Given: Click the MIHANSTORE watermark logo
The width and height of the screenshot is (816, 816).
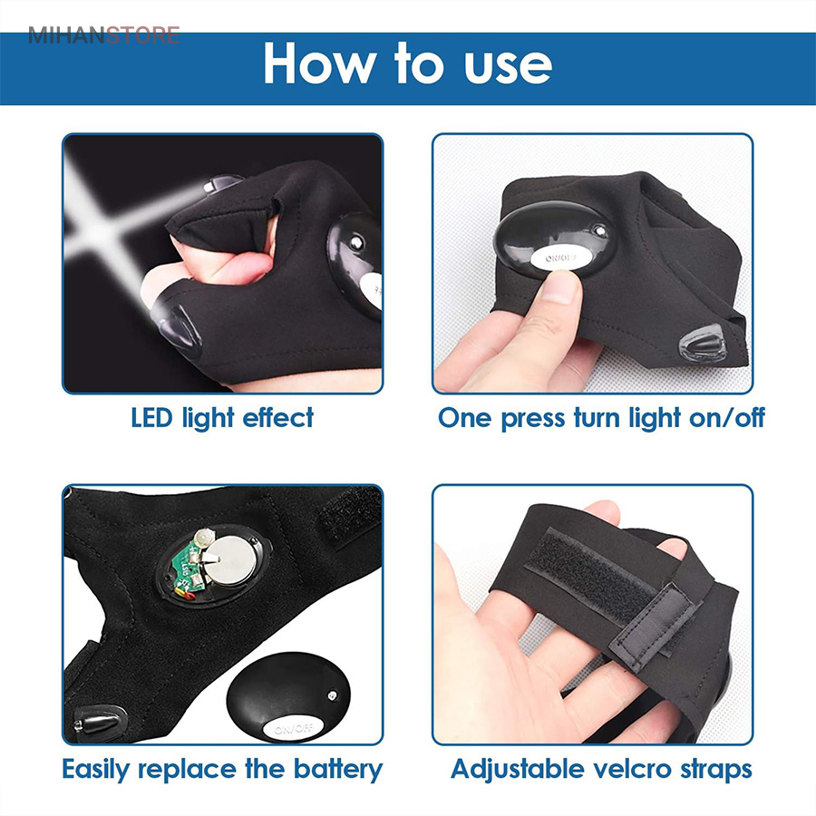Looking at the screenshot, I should click(103, 36).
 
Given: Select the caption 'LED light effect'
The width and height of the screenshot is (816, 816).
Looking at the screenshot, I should click(222, 418).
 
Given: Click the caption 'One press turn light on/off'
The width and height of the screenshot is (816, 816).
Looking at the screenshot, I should click(601, 418).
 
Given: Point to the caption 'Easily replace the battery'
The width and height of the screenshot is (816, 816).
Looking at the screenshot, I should click(222, 770).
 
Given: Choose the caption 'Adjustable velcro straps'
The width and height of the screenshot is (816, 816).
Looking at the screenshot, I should click(601, 770).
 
